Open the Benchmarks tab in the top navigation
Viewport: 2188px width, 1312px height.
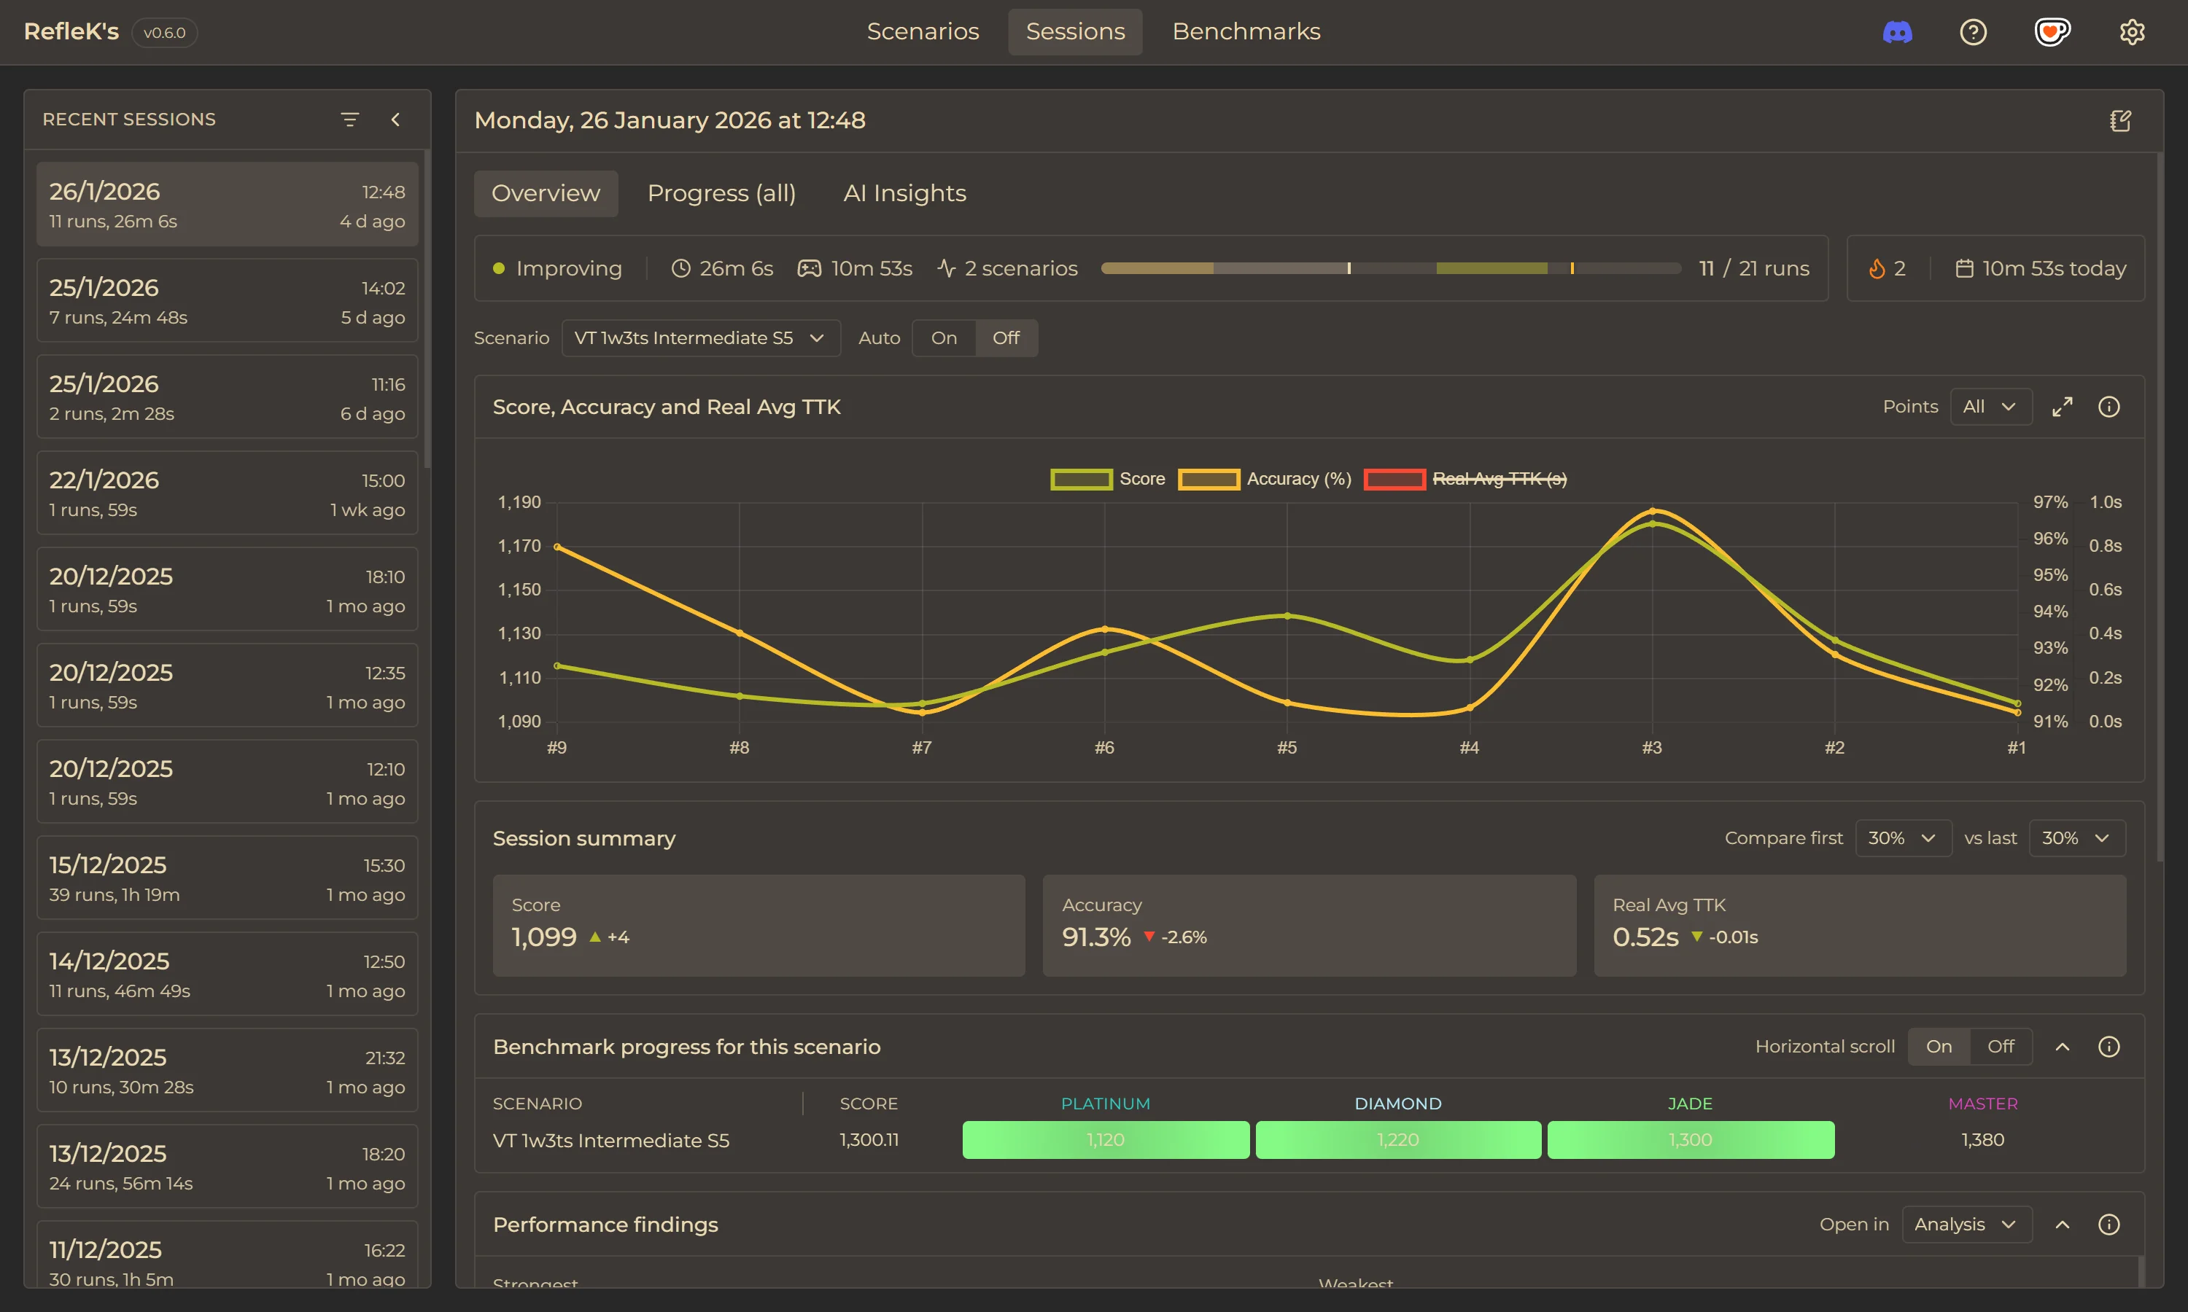[x=1245, y=32]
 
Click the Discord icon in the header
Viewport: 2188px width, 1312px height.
[x=1897, y=33]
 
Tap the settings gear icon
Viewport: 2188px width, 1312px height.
[x=2131, y=33]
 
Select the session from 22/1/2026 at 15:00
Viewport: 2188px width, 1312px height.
[x=226, y=493]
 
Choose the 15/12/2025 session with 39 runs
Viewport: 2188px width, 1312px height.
[x=226, y=878]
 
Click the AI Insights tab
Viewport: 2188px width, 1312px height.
[x=904, y=194]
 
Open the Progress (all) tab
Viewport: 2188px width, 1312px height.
[x=721, y=194]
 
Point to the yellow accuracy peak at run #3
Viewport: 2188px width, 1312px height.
[x=1652, y=511]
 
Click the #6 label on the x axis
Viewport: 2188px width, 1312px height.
[x=1103, y=748]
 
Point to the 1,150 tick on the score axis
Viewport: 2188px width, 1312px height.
[x=519, y=590]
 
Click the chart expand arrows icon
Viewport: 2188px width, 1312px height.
[x=2062, y=407]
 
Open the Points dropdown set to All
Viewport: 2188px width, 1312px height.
[x=1990, y=407]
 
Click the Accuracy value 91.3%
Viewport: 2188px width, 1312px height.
[x=1095, y=937]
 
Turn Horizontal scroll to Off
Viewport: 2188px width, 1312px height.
[x=2000, y=1047]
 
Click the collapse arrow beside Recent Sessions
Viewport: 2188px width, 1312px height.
[x=395, y=120]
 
